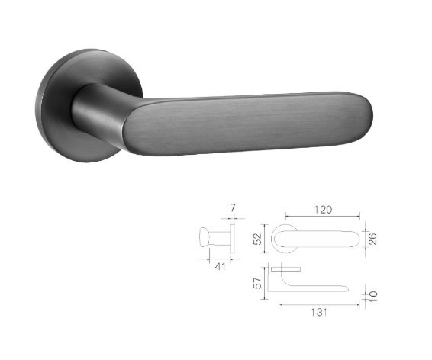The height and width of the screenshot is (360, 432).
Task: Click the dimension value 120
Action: (323, 210)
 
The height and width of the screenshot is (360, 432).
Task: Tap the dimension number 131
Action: (319, 313)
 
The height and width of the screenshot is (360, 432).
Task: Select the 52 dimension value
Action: (256, 239)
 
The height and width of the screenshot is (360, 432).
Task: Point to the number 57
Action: (256, 283)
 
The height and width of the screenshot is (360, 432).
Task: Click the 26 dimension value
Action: (372, 239)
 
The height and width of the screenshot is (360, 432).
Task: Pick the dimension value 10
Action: (372, 296)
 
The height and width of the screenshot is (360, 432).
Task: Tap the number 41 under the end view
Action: (220, 266)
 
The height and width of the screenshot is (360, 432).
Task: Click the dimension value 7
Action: (233, 207)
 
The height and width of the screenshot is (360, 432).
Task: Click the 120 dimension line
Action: (323, 217)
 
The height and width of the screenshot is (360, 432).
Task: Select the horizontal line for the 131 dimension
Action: (319, 304)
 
